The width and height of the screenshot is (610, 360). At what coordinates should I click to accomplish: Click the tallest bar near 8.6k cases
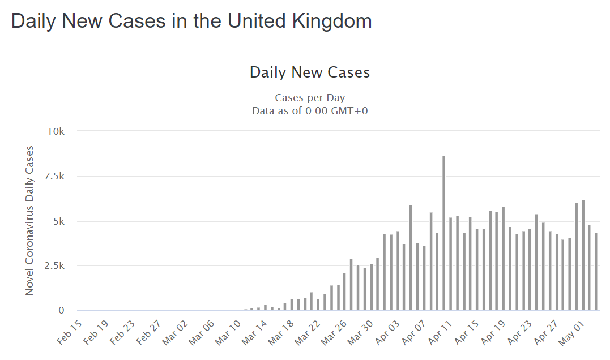(443, 232)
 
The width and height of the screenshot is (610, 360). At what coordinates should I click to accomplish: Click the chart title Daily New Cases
(309, 72)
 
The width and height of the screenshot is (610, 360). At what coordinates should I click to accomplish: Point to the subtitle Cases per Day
(309, 98)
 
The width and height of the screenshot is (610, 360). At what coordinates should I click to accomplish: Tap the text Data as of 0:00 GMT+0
(309, 110)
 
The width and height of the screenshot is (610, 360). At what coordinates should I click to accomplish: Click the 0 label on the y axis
(62, 311)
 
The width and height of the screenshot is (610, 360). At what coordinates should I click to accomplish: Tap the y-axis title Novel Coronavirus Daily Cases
(29, 220)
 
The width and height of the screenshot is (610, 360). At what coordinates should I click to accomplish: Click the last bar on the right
(596, 272)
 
